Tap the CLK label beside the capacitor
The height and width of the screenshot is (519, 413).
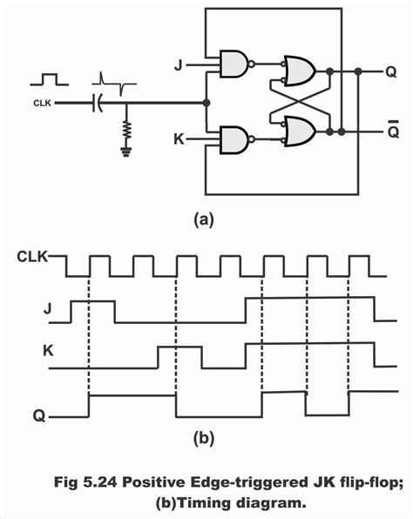(x=41, y=103)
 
